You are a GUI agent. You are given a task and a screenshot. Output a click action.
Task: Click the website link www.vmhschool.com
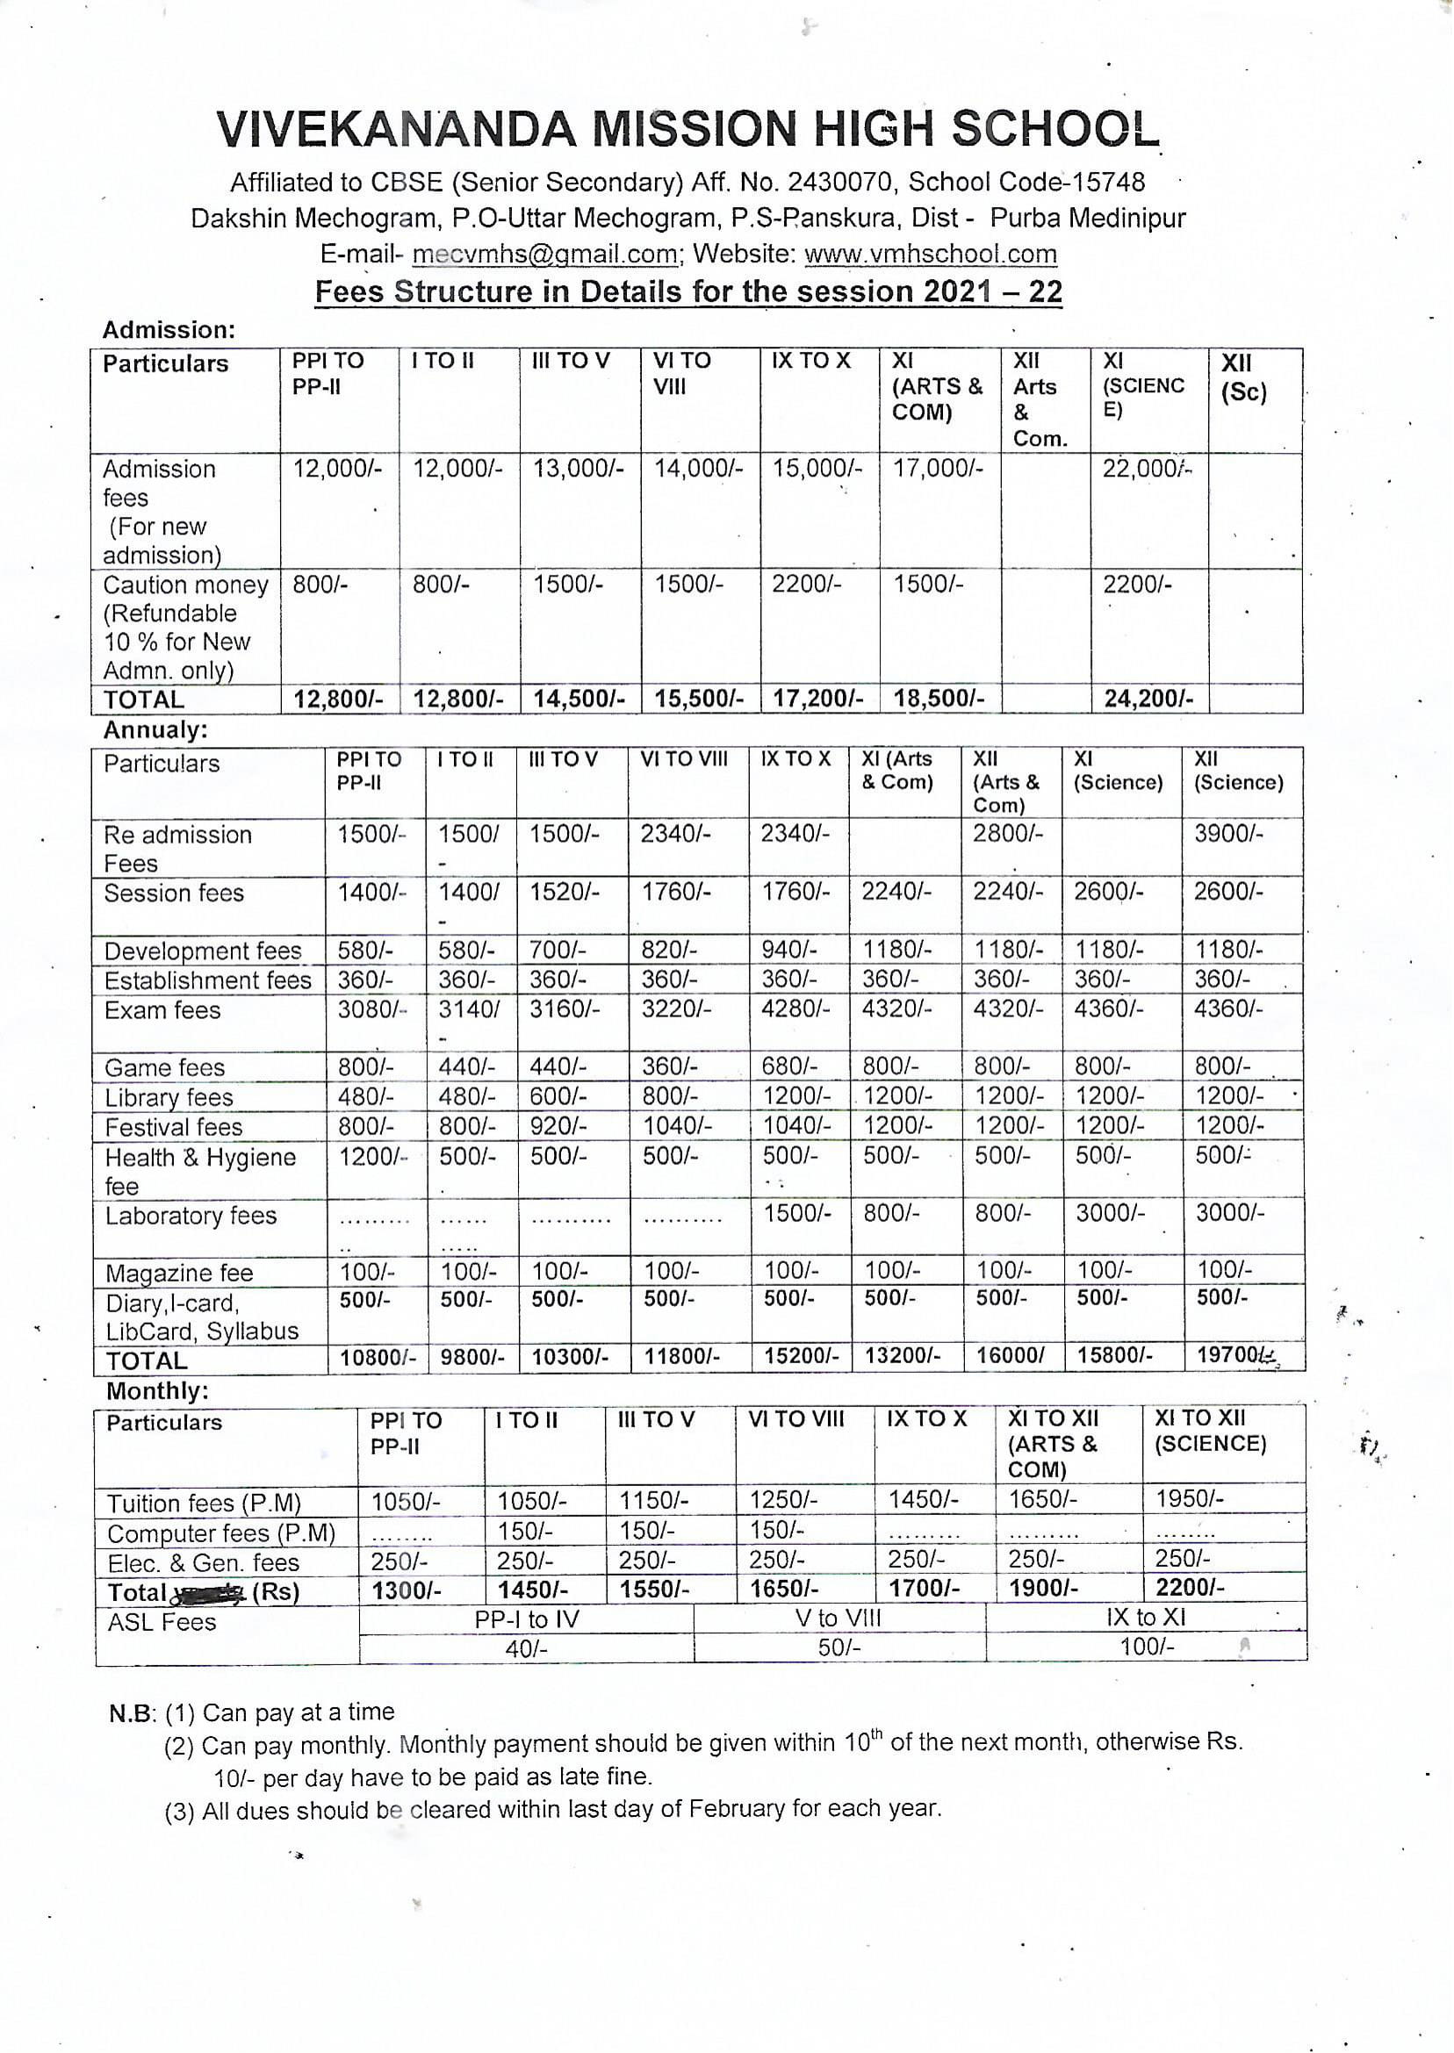pos(930,255)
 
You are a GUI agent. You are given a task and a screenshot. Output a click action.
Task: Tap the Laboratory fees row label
pos(191,1216)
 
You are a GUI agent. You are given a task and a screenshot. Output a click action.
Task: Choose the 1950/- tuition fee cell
pos(1189,1499)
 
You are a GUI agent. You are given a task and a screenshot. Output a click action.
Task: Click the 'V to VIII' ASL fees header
pos(839,1618)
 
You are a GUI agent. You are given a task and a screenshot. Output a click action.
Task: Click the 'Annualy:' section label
pos(155,730)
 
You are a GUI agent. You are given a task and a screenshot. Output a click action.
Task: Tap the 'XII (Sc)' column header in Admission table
pos(1243,378)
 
